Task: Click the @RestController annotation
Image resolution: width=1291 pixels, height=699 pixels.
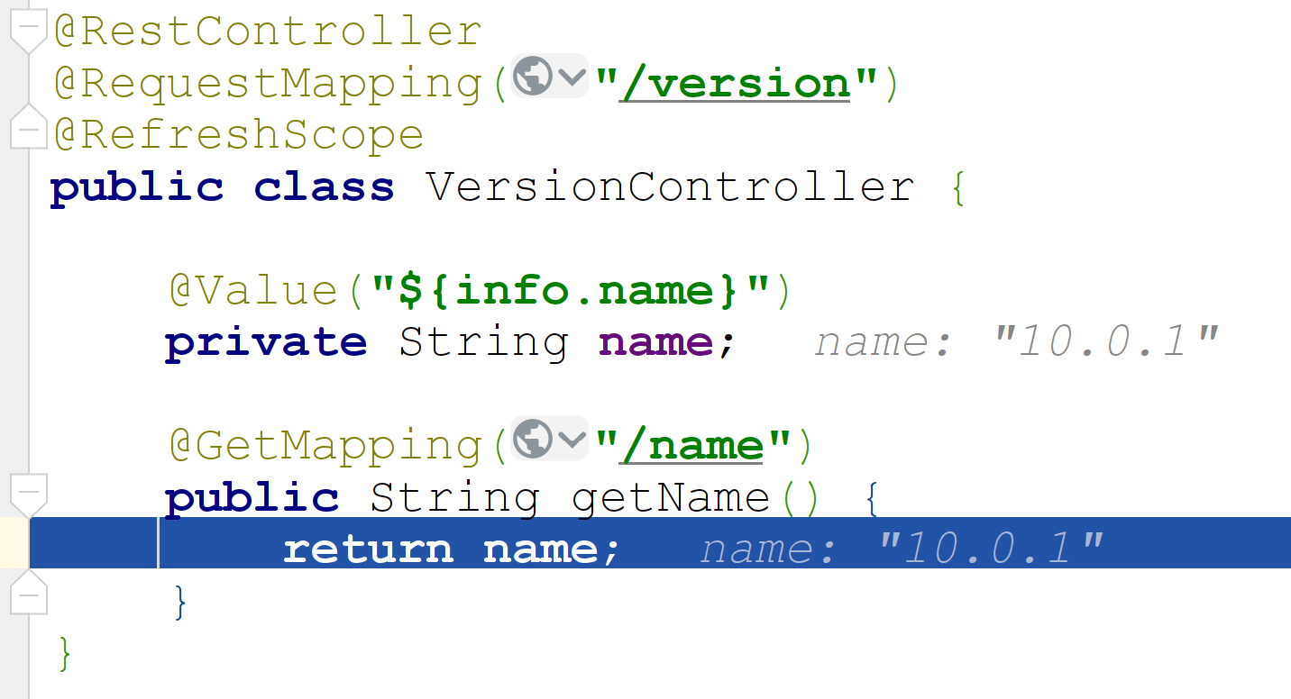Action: pos(268,32)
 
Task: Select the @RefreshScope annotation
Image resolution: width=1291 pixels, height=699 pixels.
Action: pos(239,135)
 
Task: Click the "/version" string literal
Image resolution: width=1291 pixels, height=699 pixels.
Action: pos(736,84)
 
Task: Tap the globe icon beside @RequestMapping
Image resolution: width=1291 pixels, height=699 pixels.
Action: pos(532,77)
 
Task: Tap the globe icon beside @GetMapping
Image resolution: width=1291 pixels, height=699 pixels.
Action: pos(532,439)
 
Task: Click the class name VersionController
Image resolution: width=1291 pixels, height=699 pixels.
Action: pos(670,187)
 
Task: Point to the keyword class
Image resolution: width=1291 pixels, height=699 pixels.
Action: pos(324,187)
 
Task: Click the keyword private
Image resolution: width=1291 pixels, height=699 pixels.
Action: pos(266,343)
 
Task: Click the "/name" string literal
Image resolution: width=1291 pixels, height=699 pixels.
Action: pos(692,446)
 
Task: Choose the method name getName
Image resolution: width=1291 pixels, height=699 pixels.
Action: pos(671,498)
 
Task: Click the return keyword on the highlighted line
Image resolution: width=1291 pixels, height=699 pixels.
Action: pos(368,549)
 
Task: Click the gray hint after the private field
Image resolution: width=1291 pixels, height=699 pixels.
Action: pos(1016,343)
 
